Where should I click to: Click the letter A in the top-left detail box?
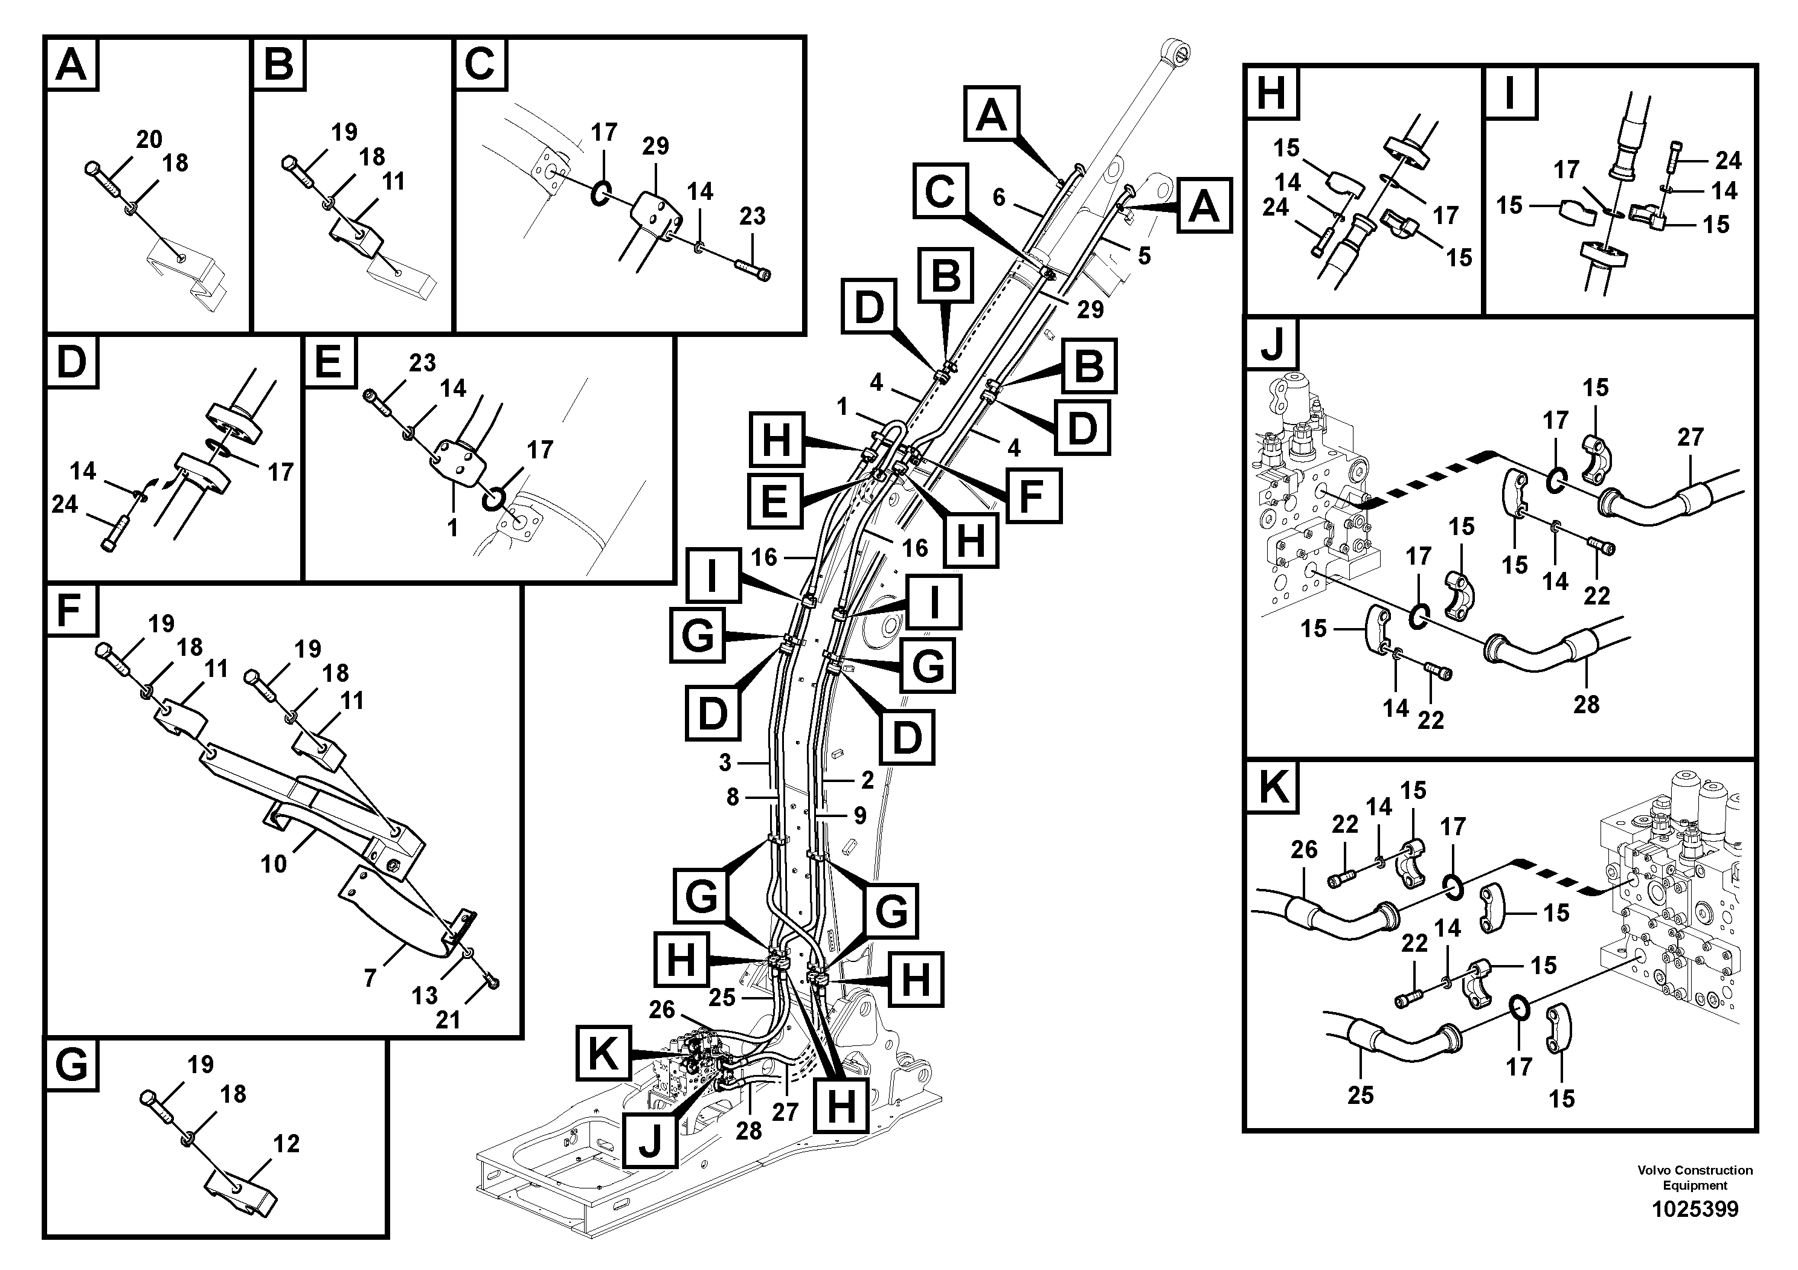click(x=71, y=64)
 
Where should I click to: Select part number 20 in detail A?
click(x=149, y=140)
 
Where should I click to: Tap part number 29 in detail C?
click(x=655, y=146)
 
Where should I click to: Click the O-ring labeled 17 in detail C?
click(x=600, y=193)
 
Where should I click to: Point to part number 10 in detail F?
click(x=274, y=864)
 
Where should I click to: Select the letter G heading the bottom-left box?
click(x=72, y=1066)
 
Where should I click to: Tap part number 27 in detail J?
click(x=1690, y=437)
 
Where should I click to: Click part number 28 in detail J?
click(x=1586, y=704)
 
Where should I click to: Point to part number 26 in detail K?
click(x=1304, y=850)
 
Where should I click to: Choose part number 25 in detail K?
click(x=1360, y=1095)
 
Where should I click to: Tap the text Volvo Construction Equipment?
click(x=1695, y=1178)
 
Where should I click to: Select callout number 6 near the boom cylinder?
click(x=998, y=197)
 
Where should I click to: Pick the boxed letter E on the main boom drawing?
click(x=774, y=499)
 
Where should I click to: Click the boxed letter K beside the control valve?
click(x=603, y=1054)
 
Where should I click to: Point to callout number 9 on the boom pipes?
click(x=860, y=816)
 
